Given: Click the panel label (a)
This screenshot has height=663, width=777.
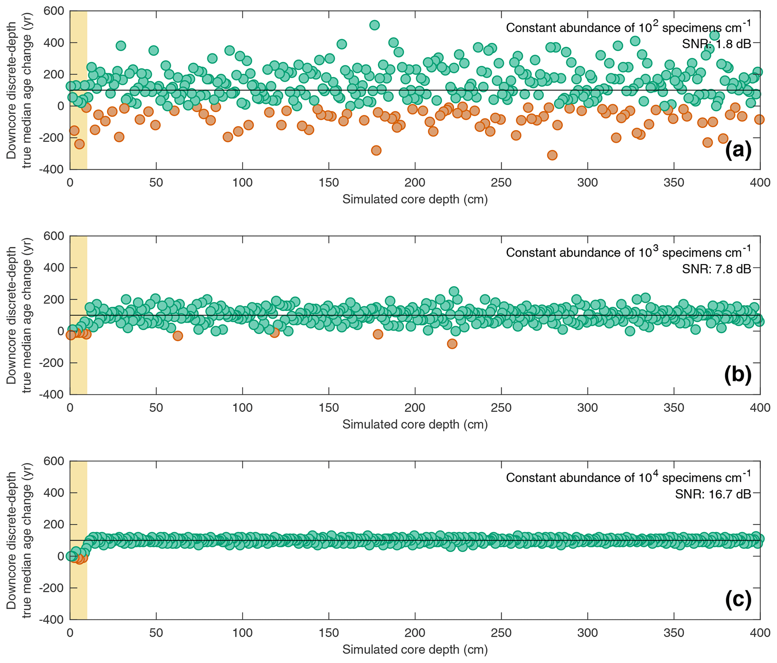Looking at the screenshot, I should click(x=738, y=150).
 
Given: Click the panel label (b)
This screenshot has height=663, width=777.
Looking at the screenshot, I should click(x=738, y=375).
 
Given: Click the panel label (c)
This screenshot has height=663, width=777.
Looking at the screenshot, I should click(x=738, y=600).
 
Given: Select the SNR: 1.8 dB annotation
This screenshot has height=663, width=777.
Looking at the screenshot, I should click(x=716, y=44).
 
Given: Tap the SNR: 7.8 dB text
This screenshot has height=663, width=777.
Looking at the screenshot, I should click(x=716, y=269).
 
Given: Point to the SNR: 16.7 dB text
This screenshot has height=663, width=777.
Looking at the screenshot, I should click(x=713, y=494).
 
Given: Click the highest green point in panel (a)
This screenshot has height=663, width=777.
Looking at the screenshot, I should click(x=374, y=25).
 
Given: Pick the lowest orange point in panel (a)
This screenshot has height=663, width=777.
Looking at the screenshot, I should click(x=552, y=155).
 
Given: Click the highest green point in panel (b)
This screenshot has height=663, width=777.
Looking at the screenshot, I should click(x=454, y=291).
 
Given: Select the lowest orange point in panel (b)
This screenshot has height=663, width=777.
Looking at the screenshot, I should click(x=452, y=344).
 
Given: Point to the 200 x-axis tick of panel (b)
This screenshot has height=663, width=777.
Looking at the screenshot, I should click(x=415, y=408).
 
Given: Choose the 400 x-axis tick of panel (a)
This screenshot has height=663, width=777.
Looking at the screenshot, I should click(x=759, y=183).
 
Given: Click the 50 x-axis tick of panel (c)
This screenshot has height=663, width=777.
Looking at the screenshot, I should click(x=156, y=633).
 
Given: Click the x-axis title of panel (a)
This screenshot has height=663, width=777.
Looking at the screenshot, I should click(x=415, y=199).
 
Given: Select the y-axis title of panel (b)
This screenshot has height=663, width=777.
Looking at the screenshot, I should click(x=19, y=315).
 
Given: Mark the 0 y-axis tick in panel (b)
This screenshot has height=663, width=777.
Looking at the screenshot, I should click(x=61, y=331).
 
